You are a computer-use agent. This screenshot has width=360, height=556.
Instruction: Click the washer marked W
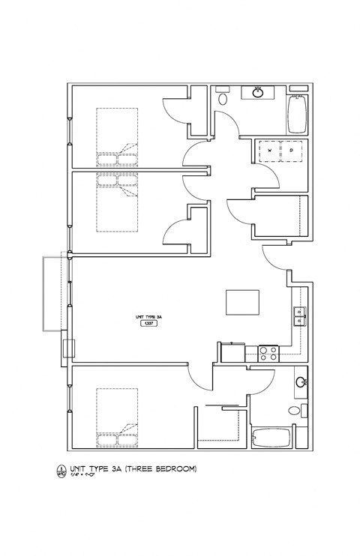(x=269, y=151)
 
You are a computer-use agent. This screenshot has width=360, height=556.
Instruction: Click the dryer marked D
(x=292, y=151)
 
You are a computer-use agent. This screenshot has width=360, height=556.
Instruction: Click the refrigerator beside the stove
(x=232, y=353)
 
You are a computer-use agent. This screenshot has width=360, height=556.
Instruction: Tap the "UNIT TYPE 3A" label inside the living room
(x=150, y=317)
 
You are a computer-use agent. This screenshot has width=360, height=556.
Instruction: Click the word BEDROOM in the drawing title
(x=175, y=470)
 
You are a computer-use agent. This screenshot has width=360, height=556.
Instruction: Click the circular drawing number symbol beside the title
(x=59, y=471)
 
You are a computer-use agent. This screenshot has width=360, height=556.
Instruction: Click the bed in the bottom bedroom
(x=117, y=415)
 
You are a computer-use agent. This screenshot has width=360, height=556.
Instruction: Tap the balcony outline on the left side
(x=53, y=294)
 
